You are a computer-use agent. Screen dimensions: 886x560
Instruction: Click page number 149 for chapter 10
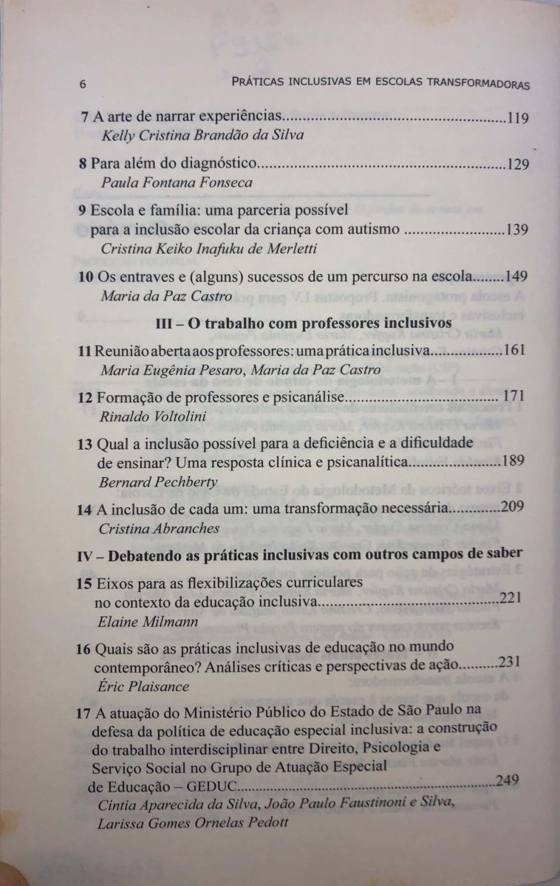(515, 278)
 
